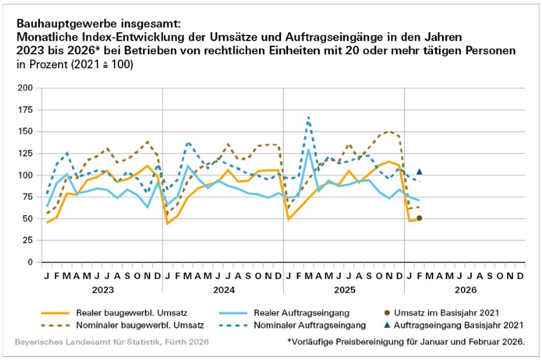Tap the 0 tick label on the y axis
pyautogui.click(x=30, y=263)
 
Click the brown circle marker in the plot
pyautogui.click(x=420, y=218)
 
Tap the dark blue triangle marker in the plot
pyautogui.click(x=420, y=171)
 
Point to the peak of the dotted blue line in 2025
pyautogui.click(x=309, y=117)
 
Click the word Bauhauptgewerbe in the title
pyautogui.click(x=56, y=24)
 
